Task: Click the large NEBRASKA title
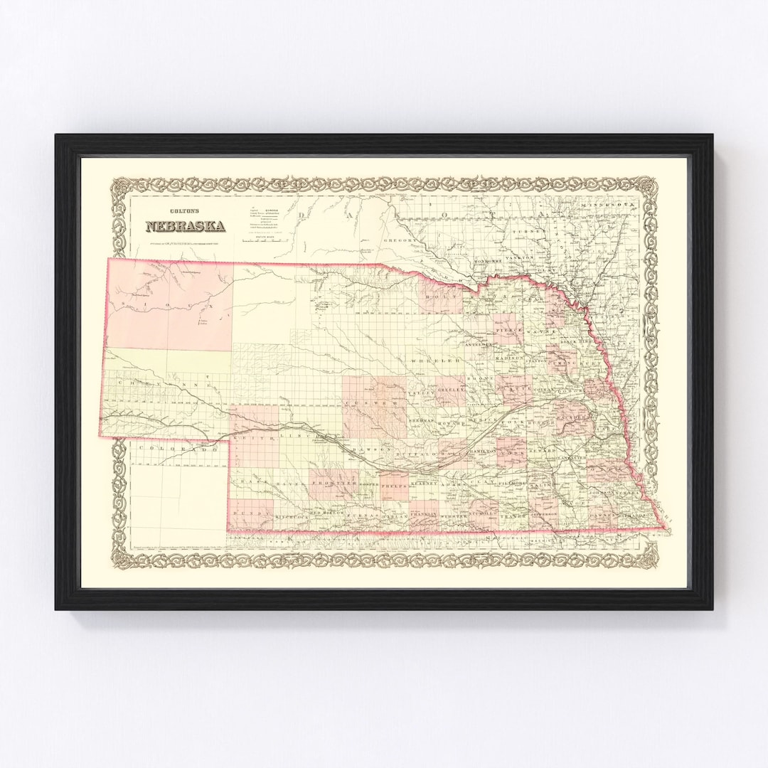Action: [x=186, y=226]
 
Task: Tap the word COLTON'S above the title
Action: [x=186, y=211]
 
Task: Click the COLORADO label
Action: [x=178, y=450]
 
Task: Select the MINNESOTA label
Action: [x=609, y=206]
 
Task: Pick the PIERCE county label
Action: [x=509, y=331]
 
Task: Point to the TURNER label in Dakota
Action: [x=533, y=232]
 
